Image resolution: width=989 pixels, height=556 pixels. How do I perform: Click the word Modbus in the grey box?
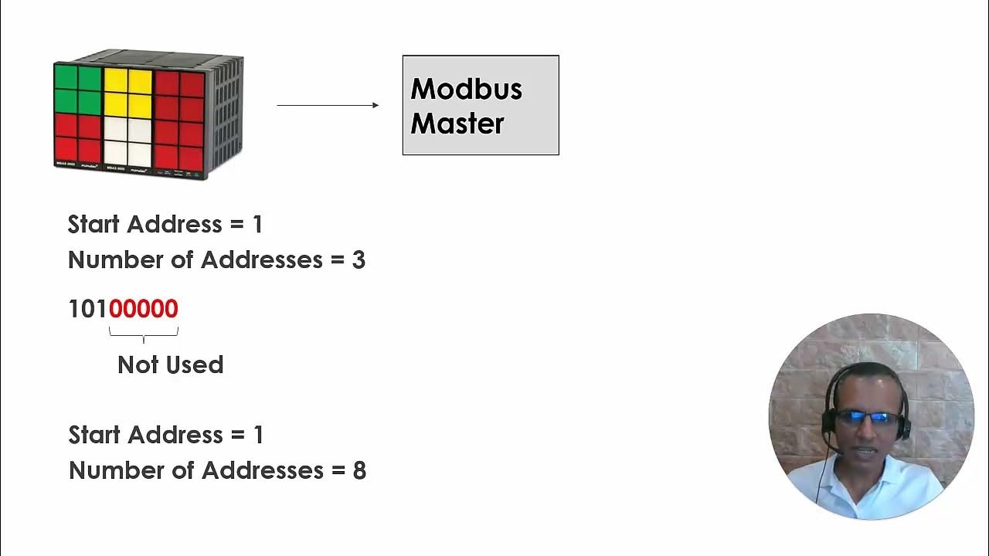click(x=466, y=89)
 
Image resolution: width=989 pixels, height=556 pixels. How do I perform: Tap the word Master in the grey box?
click(x=457, y=124)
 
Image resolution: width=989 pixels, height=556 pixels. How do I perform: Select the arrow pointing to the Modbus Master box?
click(x=328, y=105)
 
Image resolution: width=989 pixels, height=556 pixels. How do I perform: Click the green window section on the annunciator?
click(x=78, y=90)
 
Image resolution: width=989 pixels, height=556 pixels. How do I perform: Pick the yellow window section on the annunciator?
click(x=127, y=92)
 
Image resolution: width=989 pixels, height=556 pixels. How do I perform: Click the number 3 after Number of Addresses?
click(x=359, y=260)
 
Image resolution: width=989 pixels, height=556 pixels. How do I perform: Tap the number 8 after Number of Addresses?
click(x=359, y=471)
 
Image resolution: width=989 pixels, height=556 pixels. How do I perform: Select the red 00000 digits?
click(x=144, y=309)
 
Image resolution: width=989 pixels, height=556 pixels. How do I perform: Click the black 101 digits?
click(x=87, y=309)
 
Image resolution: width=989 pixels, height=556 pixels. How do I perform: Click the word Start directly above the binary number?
click(x=94, y=225)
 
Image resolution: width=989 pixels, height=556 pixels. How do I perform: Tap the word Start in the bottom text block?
click(x=95, y=436)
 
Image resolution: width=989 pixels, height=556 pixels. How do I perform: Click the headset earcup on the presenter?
click(x=828, y=422)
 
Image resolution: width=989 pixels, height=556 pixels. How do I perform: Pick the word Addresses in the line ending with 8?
click(x=262, y=471)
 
